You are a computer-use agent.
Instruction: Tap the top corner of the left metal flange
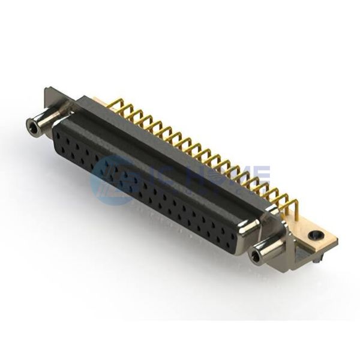pos(48,89)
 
